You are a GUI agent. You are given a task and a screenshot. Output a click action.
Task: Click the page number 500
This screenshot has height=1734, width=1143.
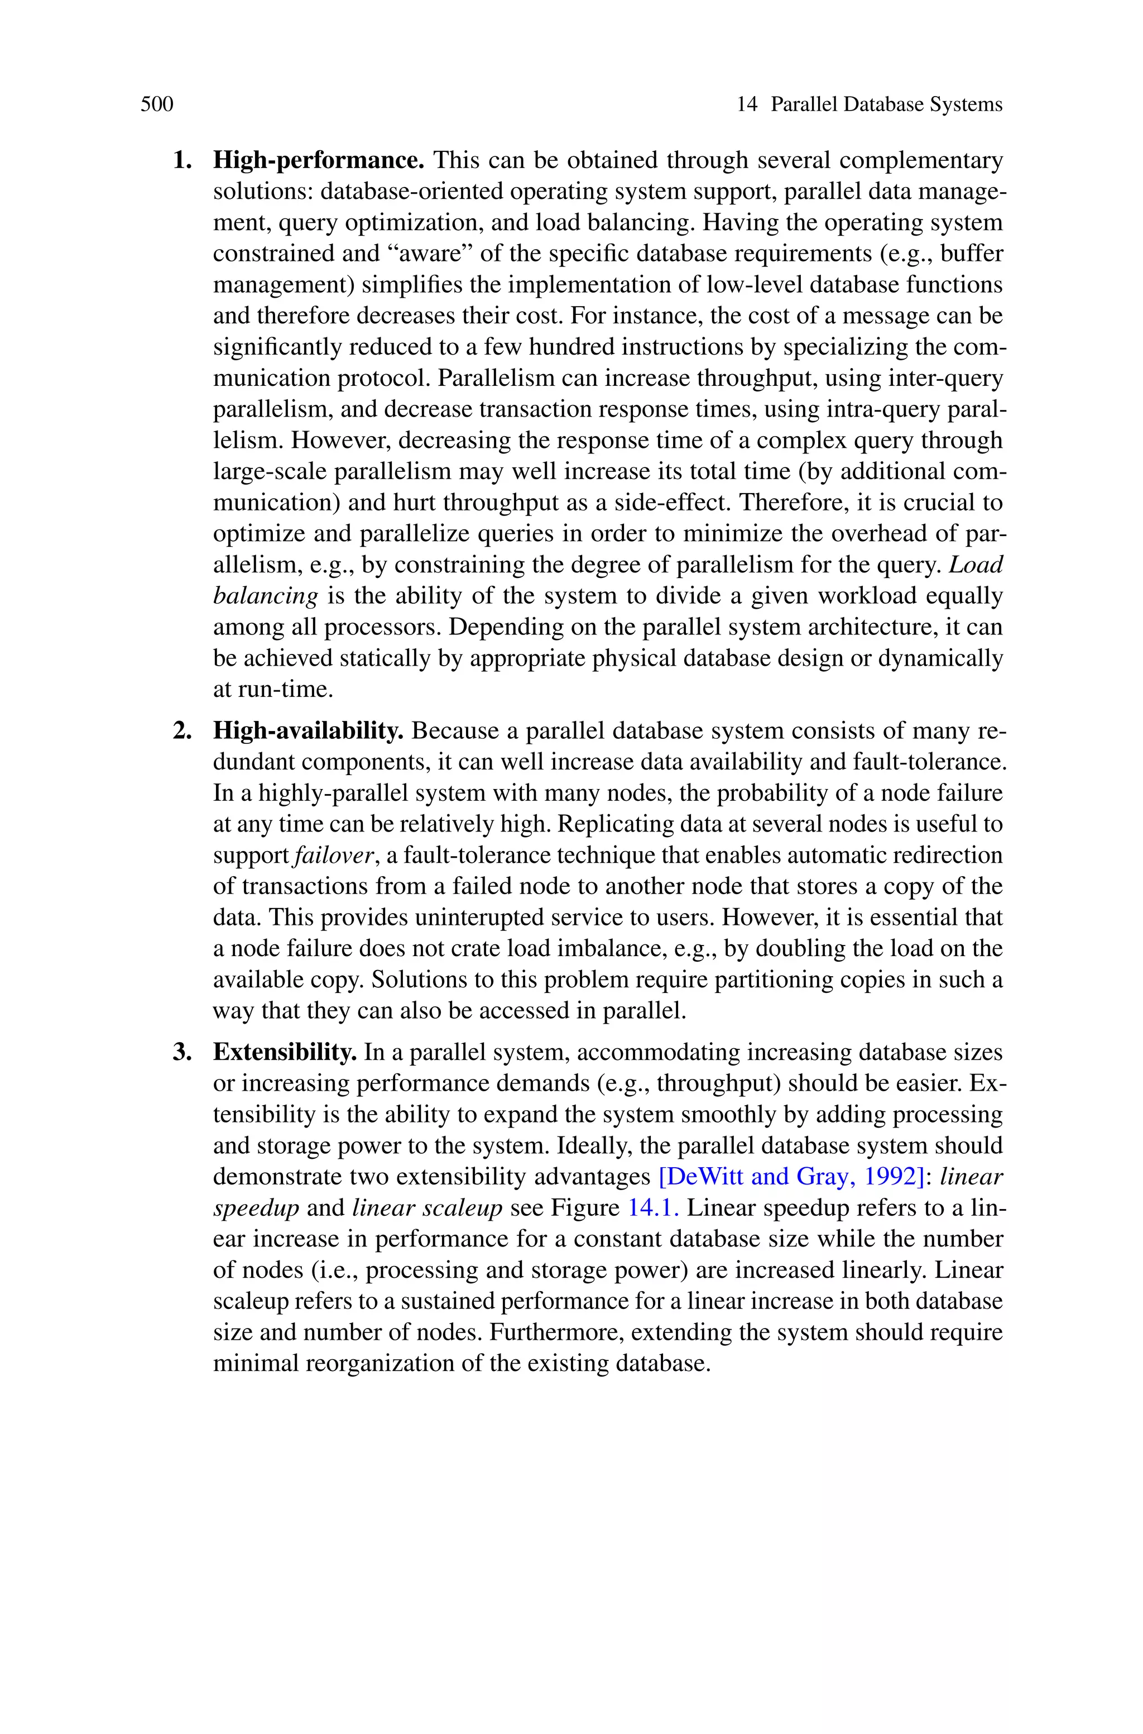point(157,104)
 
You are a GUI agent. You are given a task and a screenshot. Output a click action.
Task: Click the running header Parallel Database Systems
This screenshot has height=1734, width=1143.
point(886,104)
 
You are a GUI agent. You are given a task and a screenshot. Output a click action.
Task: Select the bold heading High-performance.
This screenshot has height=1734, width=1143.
point(319,160)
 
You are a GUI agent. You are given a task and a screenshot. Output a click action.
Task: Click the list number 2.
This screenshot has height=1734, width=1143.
point(181,730)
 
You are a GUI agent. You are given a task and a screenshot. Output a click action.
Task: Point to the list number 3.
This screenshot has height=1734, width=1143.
point(181,1052)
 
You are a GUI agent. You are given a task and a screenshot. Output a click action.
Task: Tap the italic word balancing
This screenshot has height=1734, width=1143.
point(265,596)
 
